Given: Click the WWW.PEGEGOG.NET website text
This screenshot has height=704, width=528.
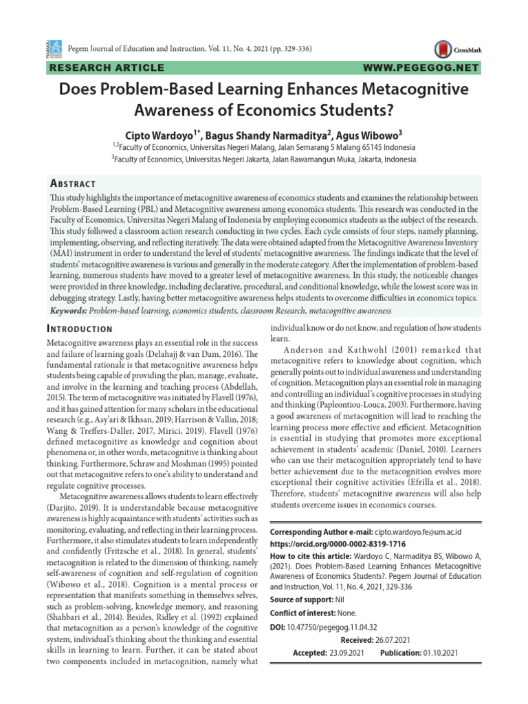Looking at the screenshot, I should tap(419, 67).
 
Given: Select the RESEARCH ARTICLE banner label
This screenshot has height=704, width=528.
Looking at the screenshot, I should tap(106, 67).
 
